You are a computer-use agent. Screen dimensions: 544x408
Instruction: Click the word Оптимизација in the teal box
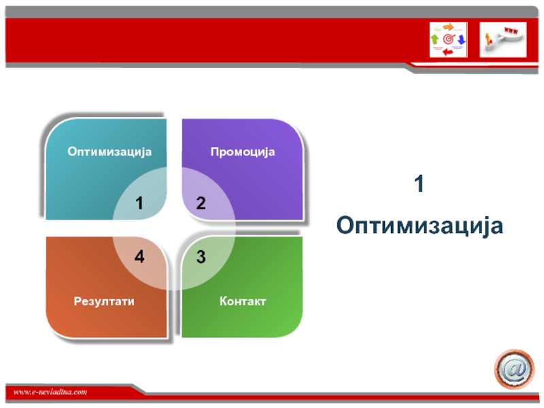coord(109,152)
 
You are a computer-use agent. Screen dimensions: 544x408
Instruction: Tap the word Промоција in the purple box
coord(243,152)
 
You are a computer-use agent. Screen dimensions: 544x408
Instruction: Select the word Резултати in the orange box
coord(104,301)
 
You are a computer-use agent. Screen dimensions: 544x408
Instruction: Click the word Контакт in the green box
coord(243,301)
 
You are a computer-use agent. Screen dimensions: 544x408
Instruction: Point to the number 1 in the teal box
coord(139,203)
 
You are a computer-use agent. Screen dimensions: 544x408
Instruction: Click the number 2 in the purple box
coord(201,203)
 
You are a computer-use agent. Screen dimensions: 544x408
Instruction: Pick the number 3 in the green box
coord(201,257)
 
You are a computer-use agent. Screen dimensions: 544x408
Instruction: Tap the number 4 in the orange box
coord(139,257)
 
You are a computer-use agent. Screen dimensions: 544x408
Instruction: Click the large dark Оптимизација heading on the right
coord(420,226)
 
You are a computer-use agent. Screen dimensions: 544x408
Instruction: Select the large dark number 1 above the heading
coord(419,184)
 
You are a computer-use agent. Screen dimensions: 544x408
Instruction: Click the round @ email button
coord(514,369)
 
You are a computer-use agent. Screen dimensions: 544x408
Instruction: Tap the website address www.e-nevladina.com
coord(50,392)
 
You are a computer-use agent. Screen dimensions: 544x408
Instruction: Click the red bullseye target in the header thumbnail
coord(448,39)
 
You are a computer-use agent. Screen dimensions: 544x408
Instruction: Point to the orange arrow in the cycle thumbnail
coord(449,27)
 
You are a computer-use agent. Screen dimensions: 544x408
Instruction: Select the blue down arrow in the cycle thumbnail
coord(461,39)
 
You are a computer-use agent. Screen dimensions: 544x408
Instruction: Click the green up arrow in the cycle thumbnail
coord(435,39)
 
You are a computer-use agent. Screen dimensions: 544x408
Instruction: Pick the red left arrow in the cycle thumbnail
coord(448,52)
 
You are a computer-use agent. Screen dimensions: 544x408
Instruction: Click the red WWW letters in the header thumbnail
coord(511,31)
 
